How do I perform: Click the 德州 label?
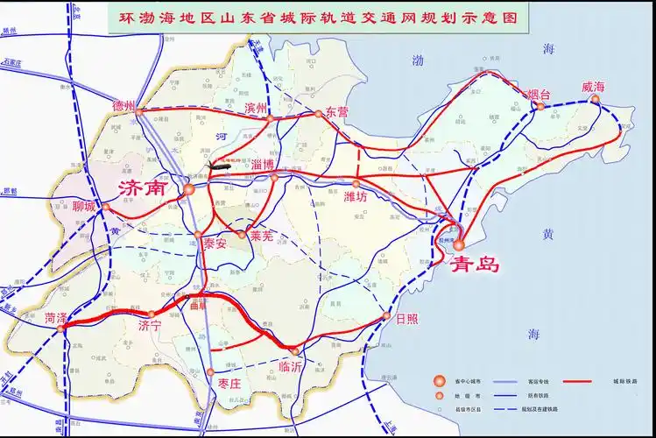point(125,105)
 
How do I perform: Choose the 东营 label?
point(336,112)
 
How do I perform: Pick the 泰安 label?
point(214,243)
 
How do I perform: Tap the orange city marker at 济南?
point(189,189)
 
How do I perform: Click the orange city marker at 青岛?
point(458,244)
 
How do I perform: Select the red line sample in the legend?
point(575,381)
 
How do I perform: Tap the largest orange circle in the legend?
point(438,381)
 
